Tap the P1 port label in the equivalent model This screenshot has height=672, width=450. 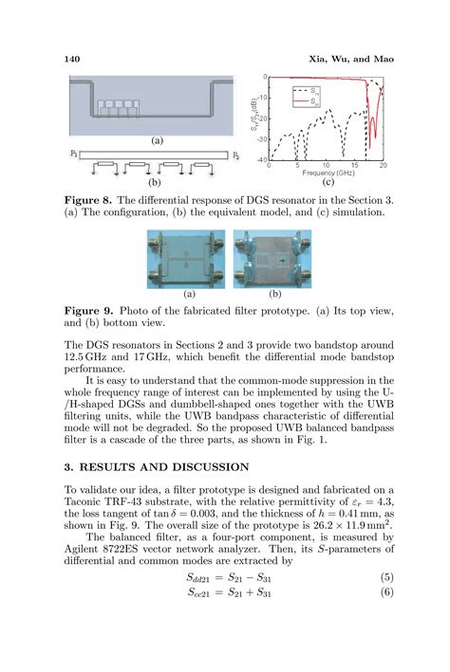coord(74,153)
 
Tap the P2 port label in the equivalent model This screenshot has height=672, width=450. coord(234,153)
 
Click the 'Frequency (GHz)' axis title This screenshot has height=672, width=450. coord(329,173)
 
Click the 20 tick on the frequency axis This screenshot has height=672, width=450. coord(385,166)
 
